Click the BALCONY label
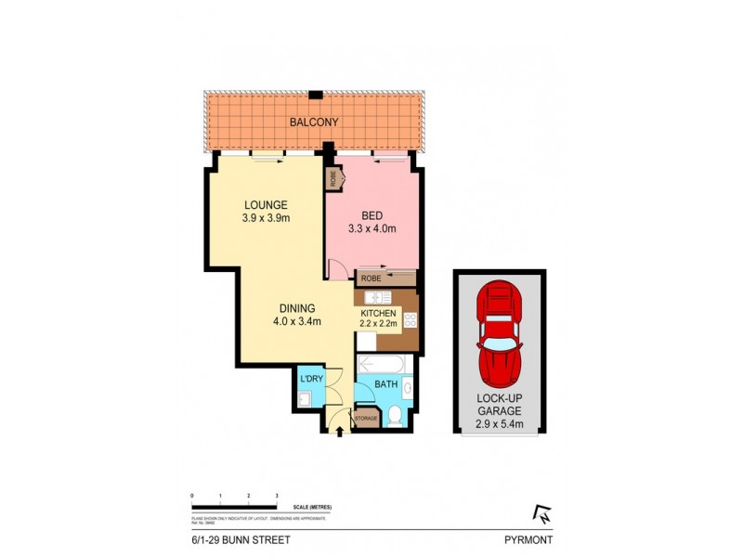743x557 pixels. [x=313, y=123]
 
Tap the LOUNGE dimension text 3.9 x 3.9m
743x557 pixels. [x=266, y=220]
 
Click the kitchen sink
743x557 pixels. [x=377, y=297]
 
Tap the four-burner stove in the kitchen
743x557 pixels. [x=410, y=321]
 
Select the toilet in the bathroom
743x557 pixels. [x=395, y=417]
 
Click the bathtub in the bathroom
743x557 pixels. [x=381, y=363]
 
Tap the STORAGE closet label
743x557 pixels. [x=366, y=420]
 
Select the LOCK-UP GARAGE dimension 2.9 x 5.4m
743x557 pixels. [x=500, y=424]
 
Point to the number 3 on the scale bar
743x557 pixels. [x=277, y=496]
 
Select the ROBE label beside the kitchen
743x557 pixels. [x=371, y=278]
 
